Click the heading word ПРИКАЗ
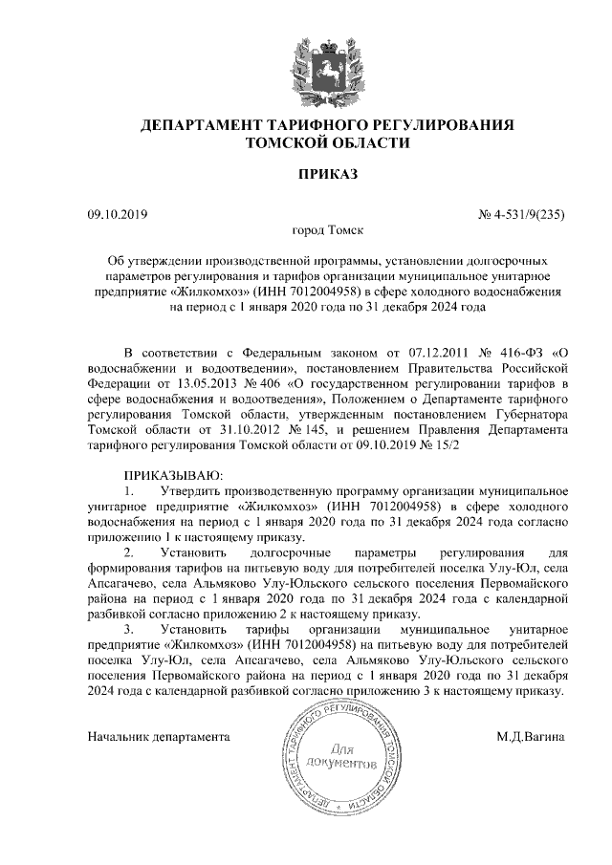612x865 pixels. tap(327, 175)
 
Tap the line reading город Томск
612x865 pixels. tap(326, 230)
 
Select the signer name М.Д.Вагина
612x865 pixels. tap(531, 738)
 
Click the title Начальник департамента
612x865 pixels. tap(160, 738)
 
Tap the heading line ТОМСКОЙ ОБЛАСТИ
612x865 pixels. tap(327, 144)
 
